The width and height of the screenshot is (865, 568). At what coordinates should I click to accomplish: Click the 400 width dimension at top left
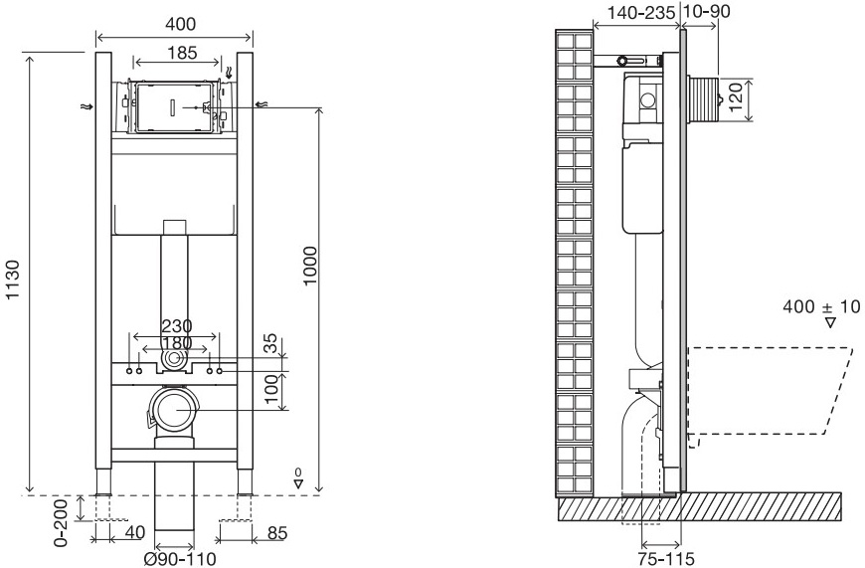pos(174,22)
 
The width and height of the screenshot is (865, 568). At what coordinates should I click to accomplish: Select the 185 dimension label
pos(181,51)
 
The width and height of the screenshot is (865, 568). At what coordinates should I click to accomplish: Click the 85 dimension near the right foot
pos(277,531)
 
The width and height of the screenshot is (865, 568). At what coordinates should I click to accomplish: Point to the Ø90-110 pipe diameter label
pos(179,558)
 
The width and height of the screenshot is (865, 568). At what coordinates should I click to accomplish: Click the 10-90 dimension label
pos(706,11)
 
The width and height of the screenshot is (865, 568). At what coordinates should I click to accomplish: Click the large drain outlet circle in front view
pos(174,409)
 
